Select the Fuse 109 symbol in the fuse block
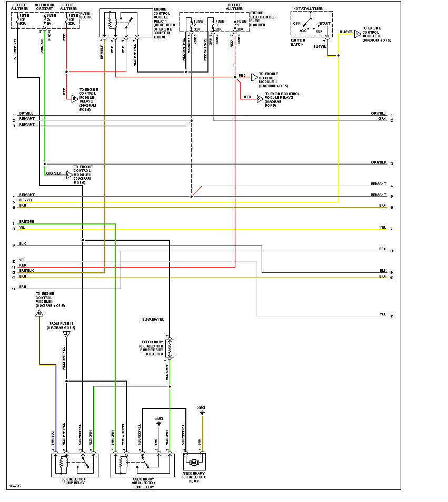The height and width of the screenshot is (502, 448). pos(67,21)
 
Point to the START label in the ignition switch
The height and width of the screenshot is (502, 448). pos(324,24)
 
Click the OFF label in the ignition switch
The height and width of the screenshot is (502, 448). pos(297,24)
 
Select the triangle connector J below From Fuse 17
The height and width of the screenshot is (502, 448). pos(66,334)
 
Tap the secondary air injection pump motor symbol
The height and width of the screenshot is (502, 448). pos(193,462)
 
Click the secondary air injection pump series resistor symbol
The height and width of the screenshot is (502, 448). pos(170,347)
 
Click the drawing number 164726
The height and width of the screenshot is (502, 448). pos(15,493)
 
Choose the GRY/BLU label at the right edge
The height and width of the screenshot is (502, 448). pos(378,114)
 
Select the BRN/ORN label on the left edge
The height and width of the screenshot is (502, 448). pos(26,222)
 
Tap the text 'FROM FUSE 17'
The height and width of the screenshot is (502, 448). pos(62,324)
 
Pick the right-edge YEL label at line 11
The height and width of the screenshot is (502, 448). pos(383,314)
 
